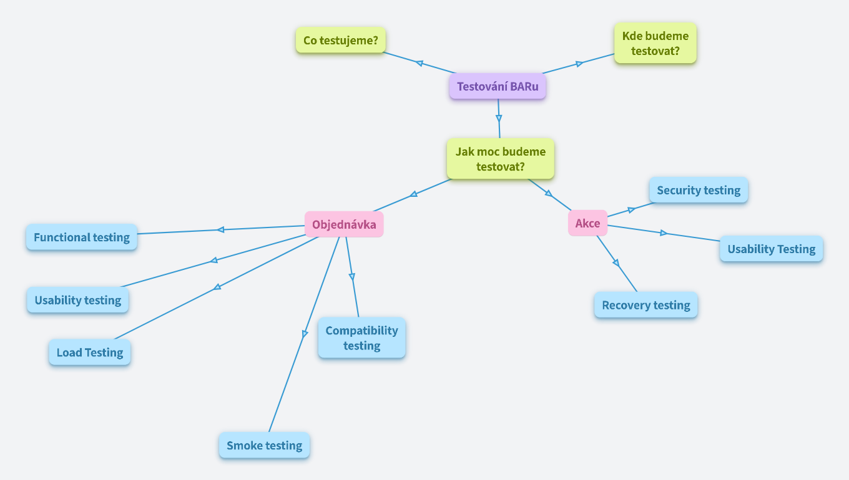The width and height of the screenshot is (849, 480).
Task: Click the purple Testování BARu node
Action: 498,86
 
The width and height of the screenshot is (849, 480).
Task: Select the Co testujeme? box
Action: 341,41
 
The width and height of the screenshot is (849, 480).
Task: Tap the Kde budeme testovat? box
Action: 655,43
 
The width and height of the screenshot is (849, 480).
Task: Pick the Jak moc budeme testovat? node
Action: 500,159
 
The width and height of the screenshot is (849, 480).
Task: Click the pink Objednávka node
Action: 344,224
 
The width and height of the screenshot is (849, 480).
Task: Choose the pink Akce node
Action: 587,223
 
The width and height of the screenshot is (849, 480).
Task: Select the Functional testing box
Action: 82,237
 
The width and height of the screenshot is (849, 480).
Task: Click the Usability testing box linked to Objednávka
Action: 78,300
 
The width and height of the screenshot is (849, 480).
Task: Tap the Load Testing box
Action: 90,352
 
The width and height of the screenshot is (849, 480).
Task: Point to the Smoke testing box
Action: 264,445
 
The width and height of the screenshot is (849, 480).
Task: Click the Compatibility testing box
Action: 361,337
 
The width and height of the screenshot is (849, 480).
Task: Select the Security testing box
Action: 699,190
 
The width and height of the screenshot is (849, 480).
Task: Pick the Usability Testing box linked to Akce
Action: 772,249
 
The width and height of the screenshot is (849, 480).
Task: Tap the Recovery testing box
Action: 646,305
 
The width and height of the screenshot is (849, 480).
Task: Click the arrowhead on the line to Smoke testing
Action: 305,334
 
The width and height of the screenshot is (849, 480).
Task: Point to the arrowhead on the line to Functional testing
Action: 220,229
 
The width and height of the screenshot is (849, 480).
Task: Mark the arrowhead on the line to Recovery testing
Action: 616,262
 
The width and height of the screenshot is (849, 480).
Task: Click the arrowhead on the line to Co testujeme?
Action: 420,62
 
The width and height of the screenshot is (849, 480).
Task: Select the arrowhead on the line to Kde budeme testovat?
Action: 579,63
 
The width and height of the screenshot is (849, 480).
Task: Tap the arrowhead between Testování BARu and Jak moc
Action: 499,117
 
